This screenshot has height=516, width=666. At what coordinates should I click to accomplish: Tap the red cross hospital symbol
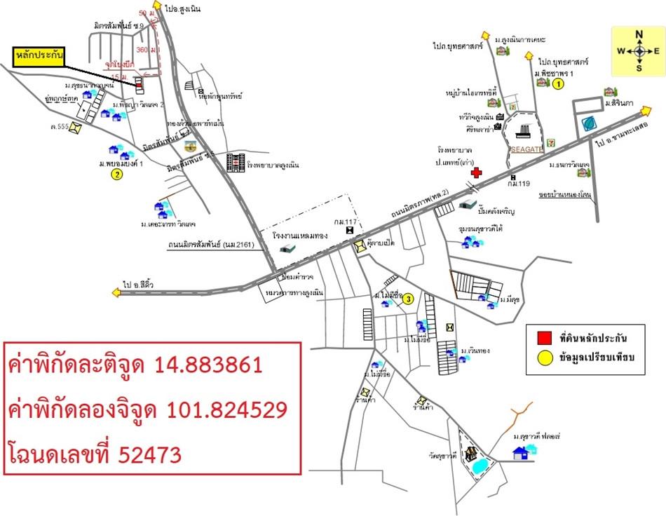[x=476, y=172]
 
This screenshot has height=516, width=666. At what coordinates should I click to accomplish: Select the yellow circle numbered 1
[x=558, y=85]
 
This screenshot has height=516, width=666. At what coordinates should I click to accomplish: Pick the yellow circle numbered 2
[x=117, y=175]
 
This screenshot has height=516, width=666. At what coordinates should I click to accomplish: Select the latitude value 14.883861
[x=208, y=365]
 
